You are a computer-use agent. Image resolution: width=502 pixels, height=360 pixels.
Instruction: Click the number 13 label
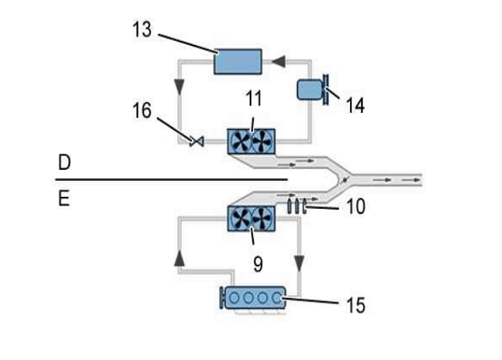point(142,30)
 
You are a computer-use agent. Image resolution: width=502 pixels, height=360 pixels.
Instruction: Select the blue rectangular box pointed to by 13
point(238,61)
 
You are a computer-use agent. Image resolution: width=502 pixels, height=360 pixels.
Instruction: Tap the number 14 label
point(355,105)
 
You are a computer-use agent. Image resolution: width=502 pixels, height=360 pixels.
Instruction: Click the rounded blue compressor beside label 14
point(309,90)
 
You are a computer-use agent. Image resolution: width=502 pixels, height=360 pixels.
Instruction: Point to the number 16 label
point(142,110)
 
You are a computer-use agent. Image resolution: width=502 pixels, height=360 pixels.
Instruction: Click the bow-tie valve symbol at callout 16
point(196,141)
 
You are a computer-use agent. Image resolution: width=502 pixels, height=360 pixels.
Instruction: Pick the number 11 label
point(254,98)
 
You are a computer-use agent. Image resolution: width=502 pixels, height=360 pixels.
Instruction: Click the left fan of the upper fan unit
point(240,142)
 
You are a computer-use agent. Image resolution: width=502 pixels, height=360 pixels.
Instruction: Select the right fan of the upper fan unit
point(262,142)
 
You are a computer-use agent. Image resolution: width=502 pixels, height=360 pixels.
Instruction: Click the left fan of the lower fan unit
point(240,218)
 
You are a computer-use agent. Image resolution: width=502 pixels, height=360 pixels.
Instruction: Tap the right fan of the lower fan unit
point(262,218)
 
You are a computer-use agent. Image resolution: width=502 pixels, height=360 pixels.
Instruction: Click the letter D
point(65,162)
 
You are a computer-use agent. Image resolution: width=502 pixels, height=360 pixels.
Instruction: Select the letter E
point(64,199)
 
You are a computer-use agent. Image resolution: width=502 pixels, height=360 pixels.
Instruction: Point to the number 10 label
point(356,206)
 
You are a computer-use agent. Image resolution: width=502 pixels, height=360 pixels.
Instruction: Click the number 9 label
point(257,264)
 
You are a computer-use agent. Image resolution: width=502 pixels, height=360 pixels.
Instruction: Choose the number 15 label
point(356,306)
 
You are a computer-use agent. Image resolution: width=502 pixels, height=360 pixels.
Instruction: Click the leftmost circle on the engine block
point(234,298)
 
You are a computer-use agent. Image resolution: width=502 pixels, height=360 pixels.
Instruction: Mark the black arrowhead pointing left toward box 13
point(279,61)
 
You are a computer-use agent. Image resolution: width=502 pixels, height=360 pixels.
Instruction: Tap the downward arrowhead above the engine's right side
point(299,263)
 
